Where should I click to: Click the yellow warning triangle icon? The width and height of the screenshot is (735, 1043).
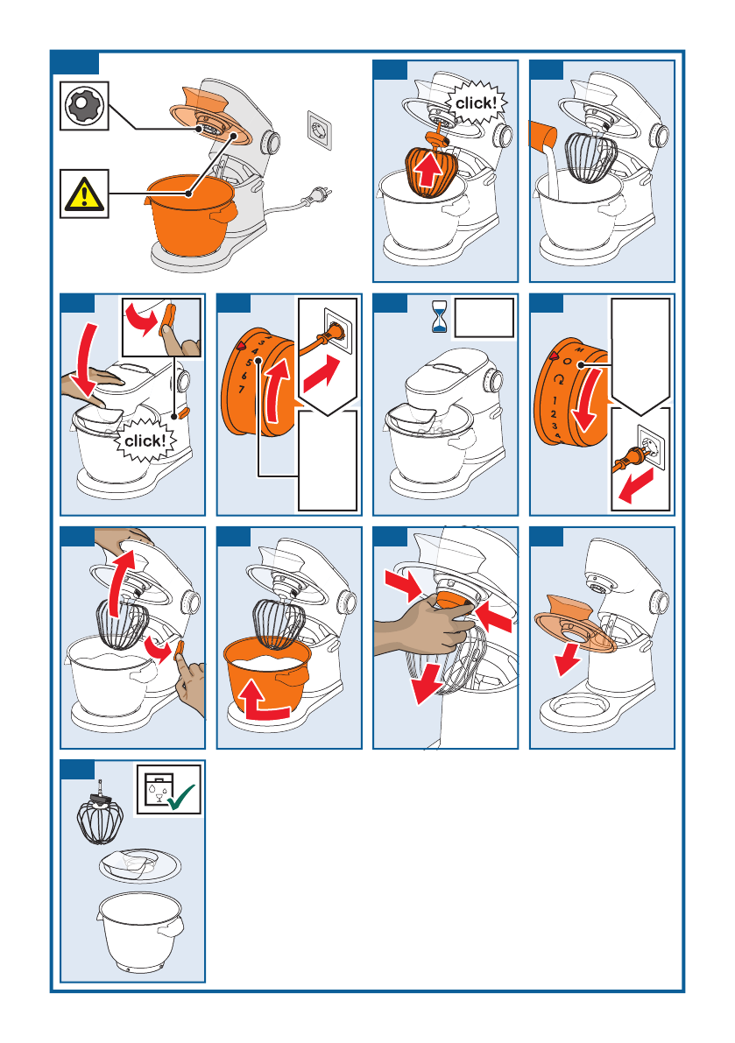click(x=84, y=194)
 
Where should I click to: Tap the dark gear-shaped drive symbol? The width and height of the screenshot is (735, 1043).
click(x=84, y=106)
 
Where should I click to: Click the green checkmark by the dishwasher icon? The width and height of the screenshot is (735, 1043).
click(x=181, y=795)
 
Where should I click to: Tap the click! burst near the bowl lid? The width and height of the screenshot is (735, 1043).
click(x=145, y=440)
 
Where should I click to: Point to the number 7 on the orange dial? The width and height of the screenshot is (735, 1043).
click(x=242, y=389)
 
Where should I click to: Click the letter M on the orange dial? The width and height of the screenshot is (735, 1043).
click(x=579, y=349)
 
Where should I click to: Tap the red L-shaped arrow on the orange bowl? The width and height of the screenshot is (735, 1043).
click(x=264, y=704)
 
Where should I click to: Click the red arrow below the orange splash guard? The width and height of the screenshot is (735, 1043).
click(x=567, y=659)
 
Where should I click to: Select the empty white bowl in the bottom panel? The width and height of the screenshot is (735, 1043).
click(x=139, y=931)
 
